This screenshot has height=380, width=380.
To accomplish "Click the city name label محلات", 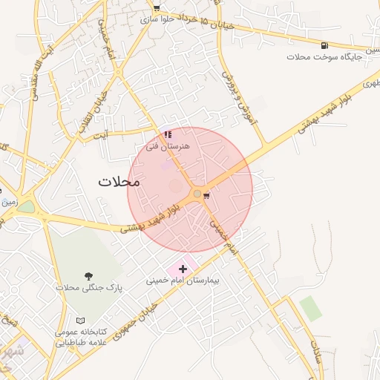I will click(x=119, y=181).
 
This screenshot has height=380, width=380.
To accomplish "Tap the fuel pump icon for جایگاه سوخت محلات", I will click(x=324, y=45).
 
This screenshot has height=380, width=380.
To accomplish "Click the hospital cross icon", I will click(x=183, y=269).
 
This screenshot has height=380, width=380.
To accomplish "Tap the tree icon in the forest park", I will click(x=89, y=275).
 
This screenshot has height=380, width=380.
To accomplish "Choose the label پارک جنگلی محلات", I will click(x=90, y=286).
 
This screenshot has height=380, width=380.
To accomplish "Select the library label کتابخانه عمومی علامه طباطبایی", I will click(x=82, y=336).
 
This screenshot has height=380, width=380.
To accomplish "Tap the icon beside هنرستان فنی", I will click(x=168, y=135).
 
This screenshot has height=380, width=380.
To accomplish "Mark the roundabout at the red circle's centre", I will click(x=197, y=194).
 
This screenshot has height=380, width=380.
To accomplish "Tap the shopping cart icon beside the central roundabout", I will click(x=206, y=195).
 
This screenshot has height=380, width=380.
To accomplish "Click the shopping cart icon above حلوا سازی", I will click(x=157, y=8).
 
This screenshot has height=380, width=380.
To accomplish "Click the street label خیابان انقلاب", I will click(x=94, y=110).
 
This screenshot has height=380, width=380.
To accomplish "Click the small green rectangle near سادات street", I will click(x=311, y=308).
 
